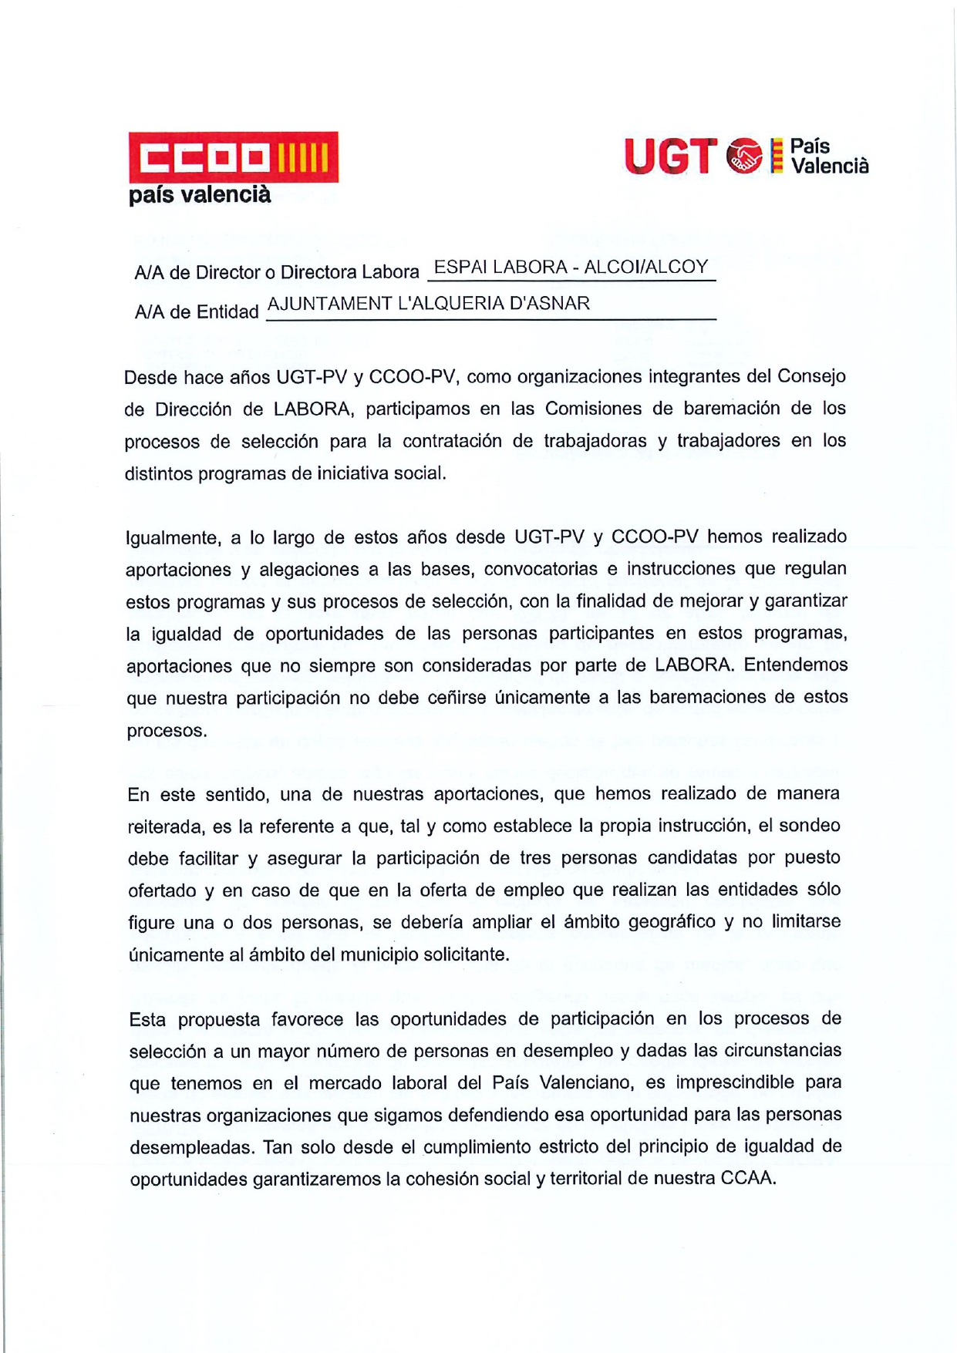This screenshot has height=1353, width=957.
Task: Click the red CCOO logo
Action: (233, 157)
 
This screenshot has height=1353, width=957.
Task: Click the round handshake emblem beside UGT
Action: (744, 156)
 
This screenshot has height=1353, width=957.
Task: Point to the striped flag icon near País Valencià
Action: (777, 156)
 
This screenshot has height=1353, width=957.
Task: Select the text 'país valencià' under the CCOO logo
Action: (200, 195)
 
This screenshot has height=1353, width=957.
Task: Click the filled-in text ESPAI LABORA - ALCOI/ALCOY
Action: (571, 268)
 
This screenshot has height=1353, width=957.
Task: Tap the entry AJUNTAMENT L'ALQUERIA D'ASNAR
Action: (428, 304)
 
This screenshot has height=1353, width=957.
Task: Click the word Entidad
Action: (227, 312)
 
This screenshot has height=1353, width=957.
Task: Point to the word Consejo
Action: (811, 376)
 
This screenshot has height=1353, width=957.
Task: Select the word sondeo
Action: (810, 826)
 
